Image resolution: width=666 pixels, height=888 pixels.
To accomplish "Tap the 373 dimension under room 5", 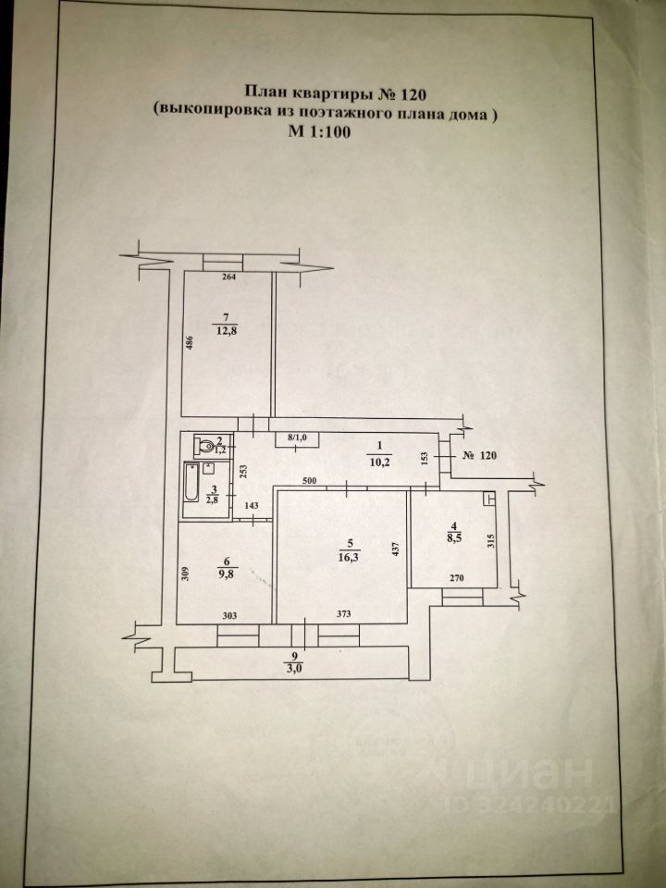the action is pyautogui.click(x=344, y=615).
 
